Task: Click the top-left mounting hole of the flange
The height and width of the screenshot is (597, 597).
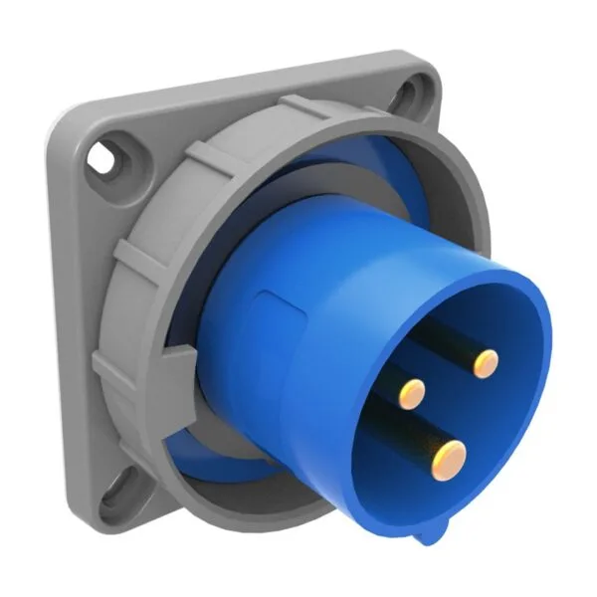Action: click(103, 156)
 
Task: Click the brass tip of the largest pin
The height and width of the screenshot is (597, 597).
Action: click(448, 458)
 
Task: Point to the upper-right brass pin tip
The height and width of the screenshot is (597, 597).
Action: click(486, 364)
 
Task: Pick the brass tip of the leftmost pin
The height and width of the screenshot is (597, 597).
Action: click(412, 394)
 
